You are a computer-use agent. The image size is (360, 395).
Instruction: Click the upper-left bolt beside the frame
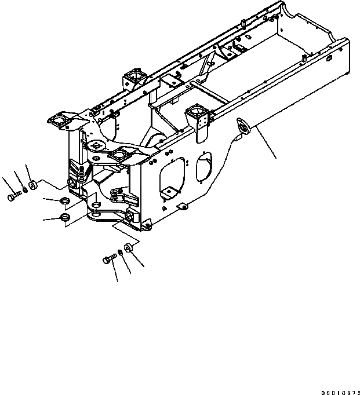(13, 197)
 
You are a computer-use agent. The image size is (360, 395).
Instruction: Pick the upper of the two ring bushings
(66, 201)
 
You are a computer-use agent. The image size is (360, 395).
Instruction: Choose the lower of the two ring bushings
(66, 218)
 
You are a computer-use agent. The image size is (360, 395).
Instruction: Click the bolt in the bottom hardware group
(110, 259)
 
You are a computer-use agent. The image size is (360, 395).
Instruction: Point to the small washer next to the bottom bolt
(119, 253)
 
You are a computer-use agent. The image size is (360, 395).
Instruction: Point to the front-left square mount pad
(60, 120)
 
